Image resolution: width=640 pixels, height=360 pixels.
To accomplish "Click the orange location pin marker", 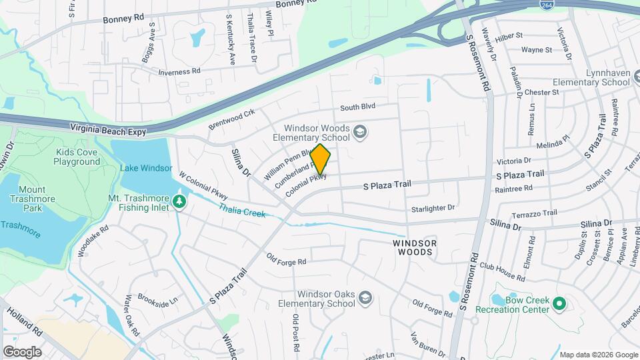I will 321,159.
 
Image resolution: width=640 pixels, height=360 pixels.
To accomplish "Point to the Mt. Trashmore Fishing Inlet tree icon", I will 179,201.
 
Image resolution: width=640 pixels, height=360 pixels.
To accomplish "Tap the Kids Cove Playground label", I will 77,157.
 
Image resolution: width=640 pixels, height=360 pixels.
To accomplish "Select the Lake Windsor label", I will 146,168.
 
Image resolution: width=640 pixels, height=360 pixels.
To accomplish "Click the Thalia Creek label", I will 242,210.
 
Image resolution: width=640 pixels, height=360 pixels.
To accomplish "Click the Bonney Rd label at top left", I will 123,19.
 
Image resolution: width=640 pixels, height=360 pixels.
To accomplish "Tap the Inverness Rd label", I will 179,71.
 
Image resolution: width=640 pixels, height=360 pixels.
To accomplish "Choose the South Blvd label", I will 358,107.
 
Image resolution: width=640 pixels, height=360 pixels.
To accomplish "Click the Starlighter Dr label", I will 432,208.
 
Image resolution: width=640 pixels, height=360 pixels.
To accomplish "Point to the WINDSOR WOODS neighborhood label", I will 415,247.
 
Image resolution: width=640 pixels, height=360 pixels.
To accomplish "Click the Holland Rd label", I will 26,323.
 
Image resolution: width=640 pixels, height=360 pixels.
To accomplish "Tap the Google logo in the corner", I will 22,351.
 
